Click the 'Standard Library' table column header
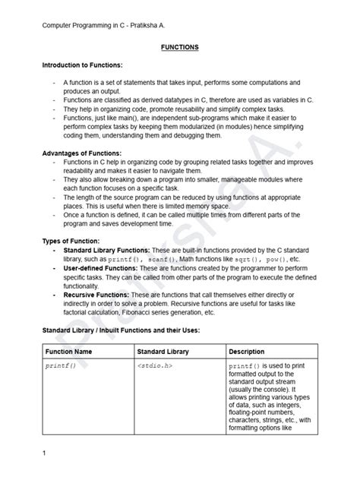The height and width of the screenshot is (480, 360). (163, 352)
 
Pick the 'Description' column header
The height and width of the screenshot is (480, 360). (247, 352)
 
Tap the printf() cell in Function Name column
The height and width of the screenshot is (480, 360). (62, 366)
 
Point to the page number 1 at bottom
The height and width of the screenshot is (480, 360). (45, 453)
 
